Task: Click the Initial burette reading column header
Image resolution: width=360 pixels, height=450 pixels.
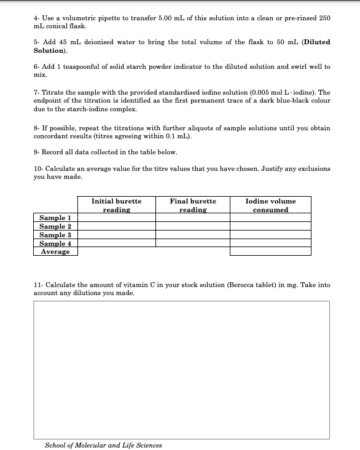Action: (116, 205)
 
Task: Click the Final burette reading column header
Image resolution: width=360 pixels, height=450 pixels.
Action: (193, 205)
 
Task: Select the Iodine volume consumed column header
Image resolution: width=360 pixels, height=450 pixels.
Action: (270, 205)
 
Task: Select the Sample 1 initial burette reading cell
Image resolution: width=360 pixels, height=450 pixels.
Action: (116, 218)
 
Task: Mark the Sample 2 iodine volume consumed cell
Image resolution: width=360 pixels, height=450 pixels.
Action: (270, 226)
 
